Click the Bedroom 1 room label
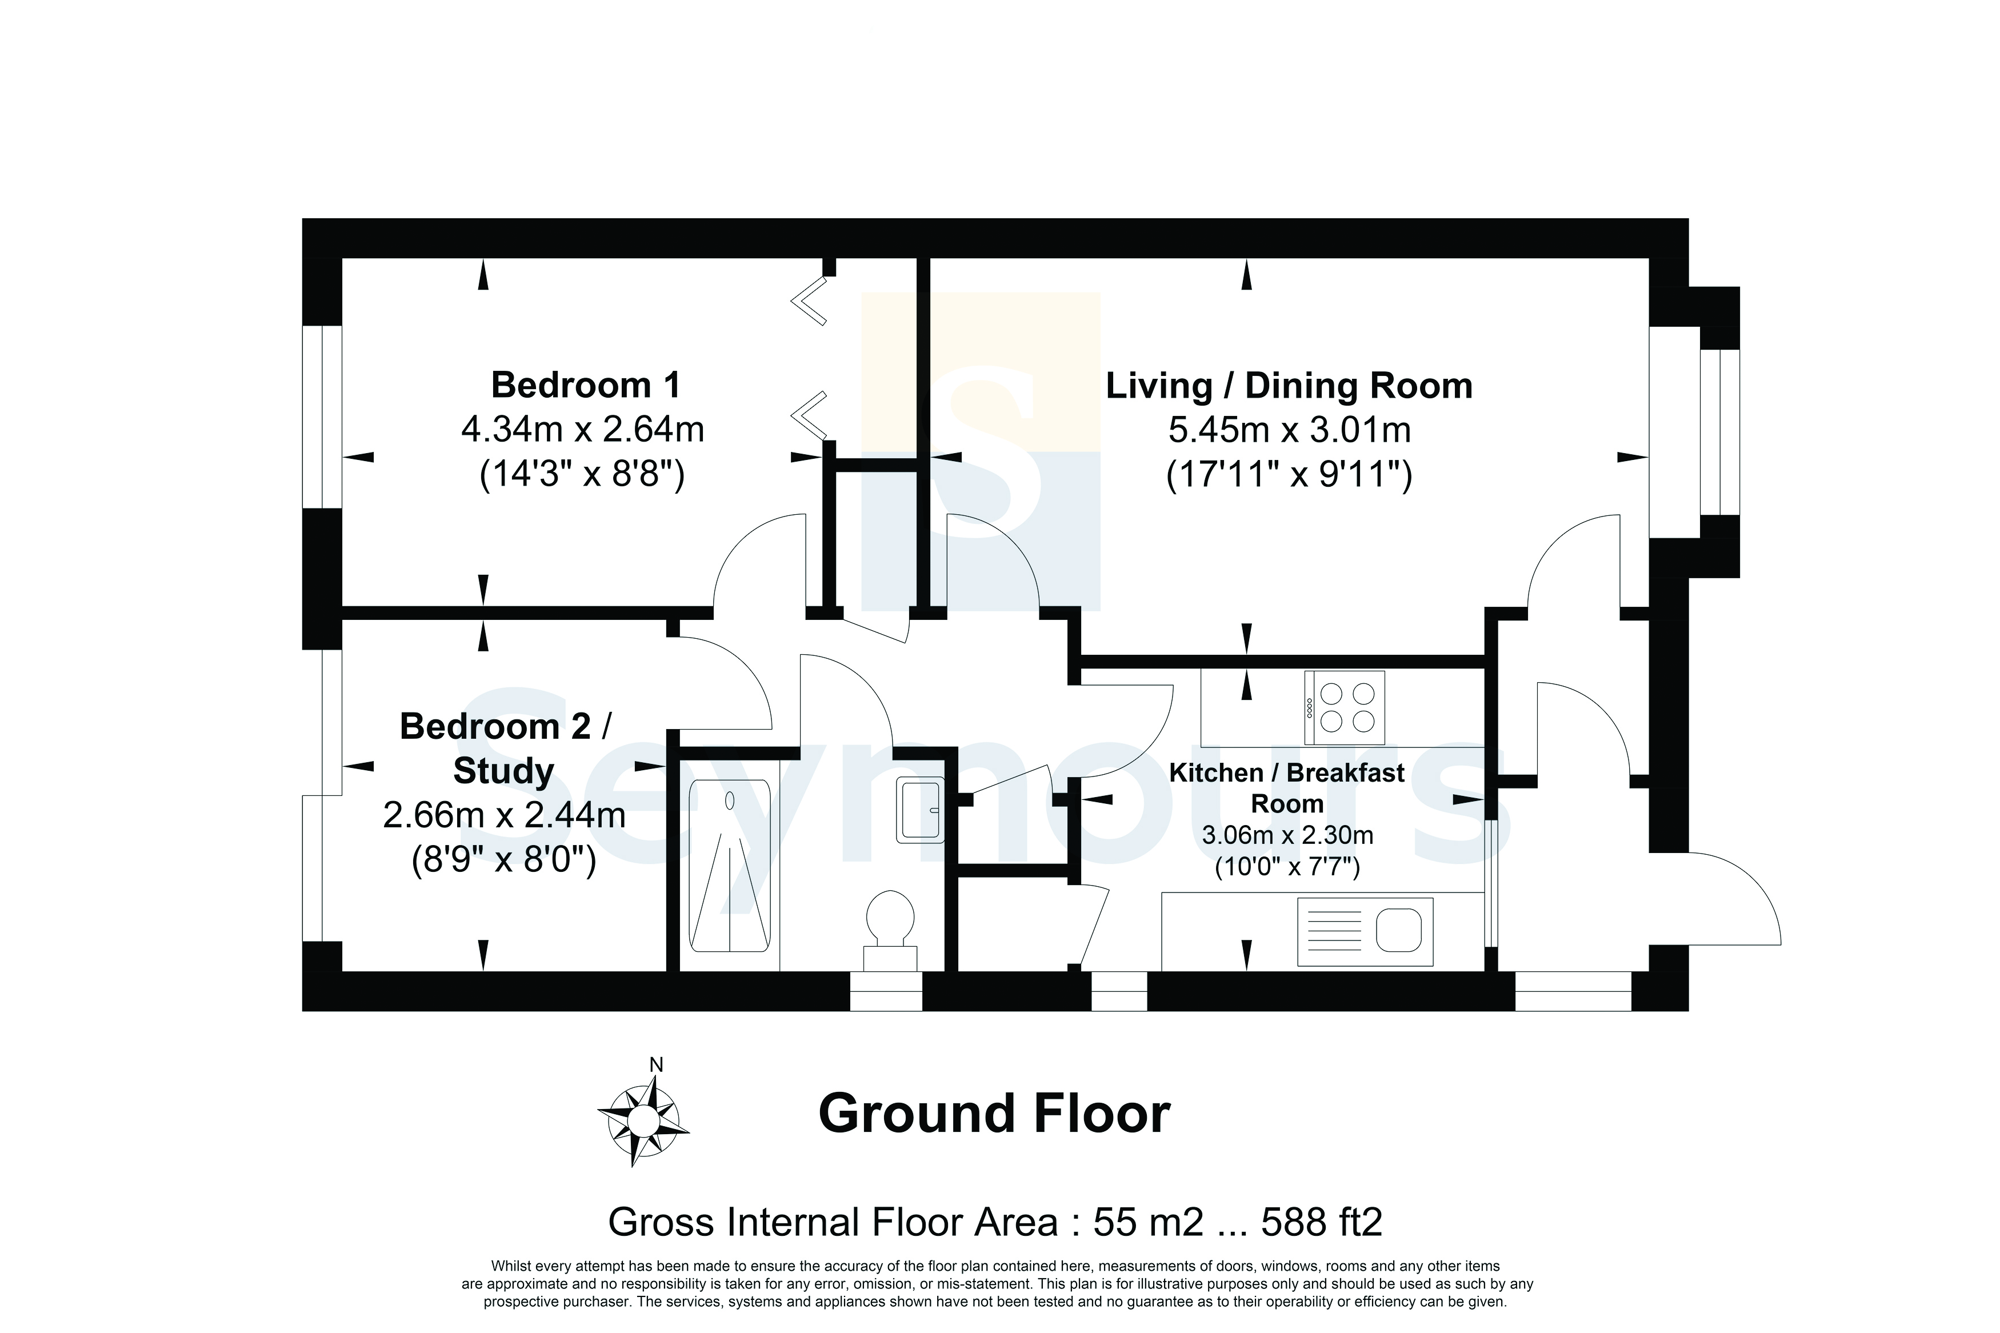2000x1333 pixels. click(x=586, y=385)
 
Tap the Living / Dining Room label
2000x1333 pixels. click(x=1289, y=386)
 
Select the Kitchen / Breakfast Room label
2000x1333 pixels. click(x=1287, y=788)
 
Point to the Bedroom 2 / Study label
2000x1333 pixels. click(x=505, y=748)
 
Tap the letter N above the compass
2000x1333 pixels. click(x=656, y=1064)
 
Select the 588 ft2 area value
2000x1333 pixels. click(x=1322, y=1223)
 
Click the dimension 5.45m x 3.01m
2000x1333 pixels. click(x=1289, y=430)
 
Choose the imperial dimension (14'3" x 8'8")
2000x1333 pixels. click(x=582, y=474)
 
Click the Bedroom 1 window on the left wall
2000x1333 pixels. click(x=323, y=417)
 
